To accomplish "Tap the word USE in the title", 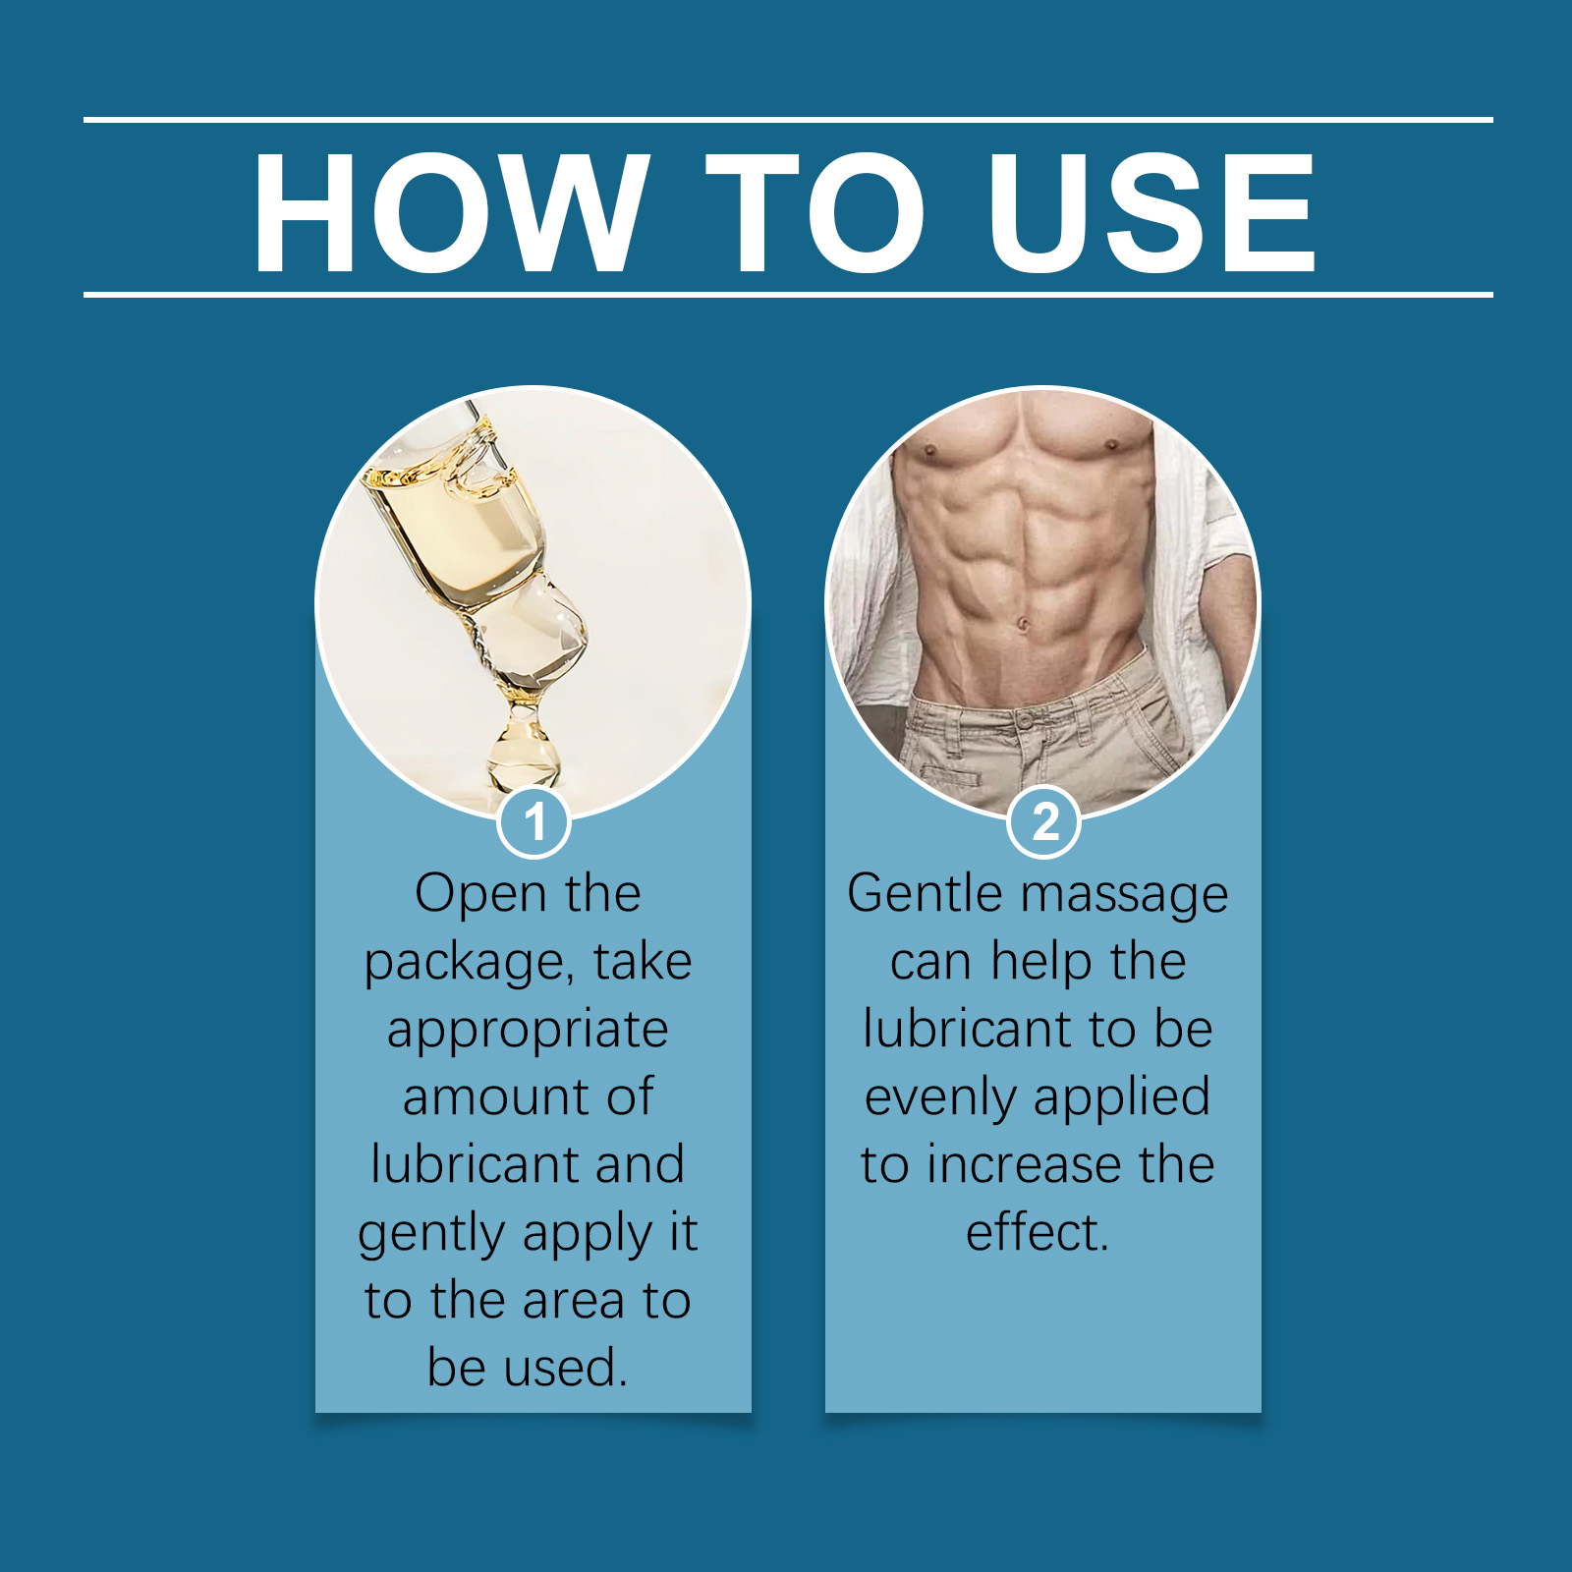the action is click(1151, 212).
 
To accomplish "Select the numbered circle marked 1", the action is click(534, 821).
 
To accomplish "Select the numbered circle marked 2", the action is click(1044, 821).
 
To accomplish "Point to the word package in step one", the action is click(469, 964).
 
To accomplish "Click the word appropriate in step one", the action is click(528, 1032).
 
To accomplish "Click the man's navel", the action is click(1023, 624).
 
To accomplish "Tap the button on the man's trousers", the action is click(1026, 720).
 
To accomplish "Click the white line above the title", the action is click(788, 120).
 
